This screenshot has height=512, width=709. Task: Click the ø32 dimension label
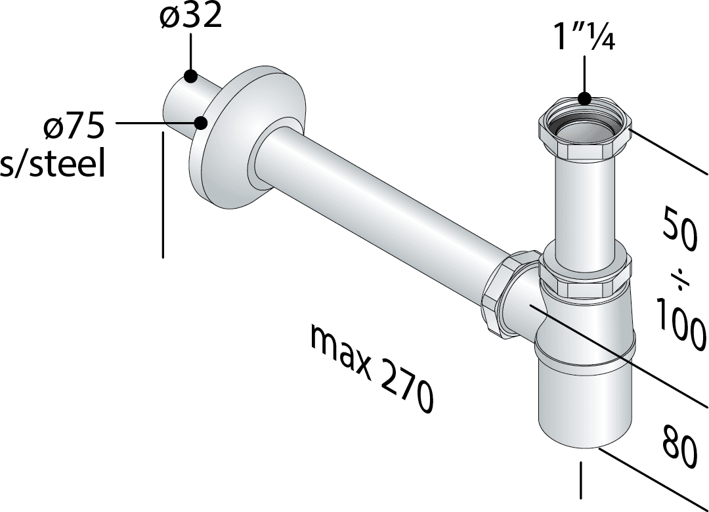[191, 16]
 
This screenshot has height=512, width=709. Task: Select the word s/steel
[52, 163]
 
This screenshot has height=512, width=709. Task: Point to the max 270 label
[372, 370]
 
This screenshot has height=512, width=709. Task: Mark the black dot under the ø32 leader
[190, 76]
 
